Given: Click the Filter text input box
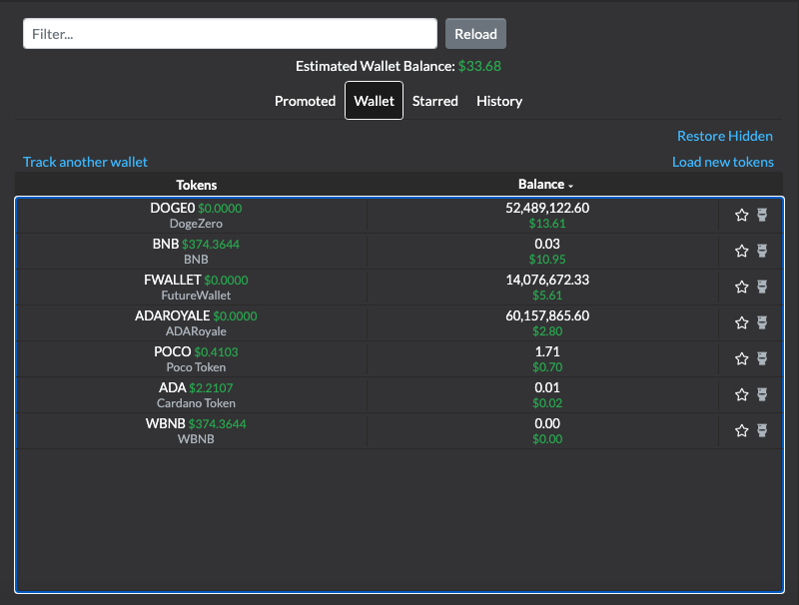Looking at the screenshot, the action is coord(230,34).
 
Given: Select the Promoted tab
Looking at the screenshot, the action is coord(305,101).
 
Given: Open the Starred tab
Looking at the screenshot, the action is coord(434,101).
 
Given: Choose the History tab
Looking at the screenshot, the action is coord(499,102).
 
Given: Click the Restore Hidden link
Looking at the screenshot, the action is coord(725,136).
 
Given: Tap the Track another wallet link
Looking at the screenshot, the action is coord(85,162).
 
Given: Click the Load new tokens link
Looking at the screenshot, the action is coord(722,162).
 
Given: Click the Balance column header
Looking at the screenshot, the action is coord(545,185).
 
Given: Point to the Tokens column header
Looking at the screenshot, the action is coord(196,185).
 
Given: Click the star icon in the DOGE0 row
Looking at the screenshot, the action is coord(741,215).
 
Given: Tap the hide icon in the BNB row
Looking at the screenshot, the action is coord(762,251).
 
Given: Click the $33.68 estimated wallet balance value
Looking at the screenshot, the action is coord(479,66).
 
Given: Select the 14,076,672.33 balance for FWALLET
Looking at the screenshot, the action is coord(547,280).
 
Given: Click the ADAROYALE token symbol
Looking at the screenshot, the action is coord(172,315).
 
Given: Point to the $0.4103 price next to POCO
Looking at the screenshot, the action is coord(216,351).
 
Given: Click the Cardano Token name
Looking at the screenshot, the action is coord(196,403).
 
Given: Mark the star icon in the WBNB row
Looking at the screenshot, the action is coord(741,431).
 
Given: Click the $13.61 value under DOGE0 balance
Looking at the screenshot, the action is coord(547,224).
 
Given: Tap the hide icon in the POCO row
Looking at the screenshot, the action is coord(762,358).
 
